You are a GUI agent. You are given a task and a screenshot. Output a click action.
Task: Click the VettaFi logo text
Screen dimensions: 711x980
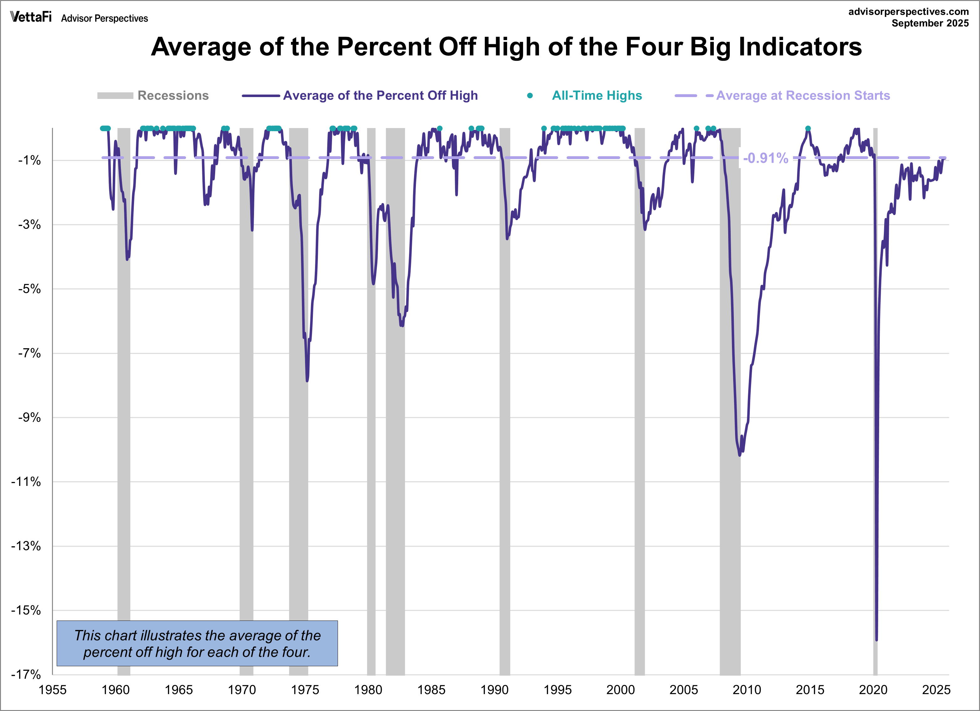click(31, 17)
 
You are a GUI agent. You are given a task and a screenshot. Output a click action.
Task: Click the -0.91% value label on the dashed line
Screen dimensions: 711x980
click(765, 158)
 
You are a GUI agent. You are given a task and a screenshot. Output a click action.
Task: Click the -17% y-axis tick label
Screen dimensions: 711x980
click(26, 674)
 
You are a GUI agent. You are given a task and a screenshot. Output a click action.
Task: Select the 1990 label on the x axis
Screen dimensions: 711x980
click(494, 690)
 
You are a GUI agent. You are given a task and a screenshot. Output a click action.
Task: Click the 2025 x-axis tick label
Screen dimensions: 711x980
click(936, 690)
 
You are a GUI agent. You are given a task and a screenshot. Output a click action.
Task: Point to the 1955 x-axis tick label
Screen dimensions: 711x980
click(52, 690)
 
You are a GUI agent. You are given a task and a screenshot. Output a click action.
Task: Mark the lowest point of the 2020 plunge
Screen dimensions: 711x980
click(876, 640)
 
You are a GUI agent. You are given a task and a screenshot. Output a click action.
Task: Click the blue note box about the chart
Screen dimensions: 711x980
click(197, 643)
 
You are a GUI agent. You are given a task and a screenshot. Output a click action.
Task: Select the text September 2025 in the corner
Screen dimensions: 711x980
click(930, 23)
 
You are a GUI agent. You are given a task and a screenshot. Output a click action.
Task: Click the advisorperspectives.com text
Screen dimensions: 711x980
click(908, 12)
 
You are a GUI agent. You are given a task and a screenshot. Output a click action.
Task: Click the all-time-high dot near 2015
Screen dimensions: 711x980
click(808, 129)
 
